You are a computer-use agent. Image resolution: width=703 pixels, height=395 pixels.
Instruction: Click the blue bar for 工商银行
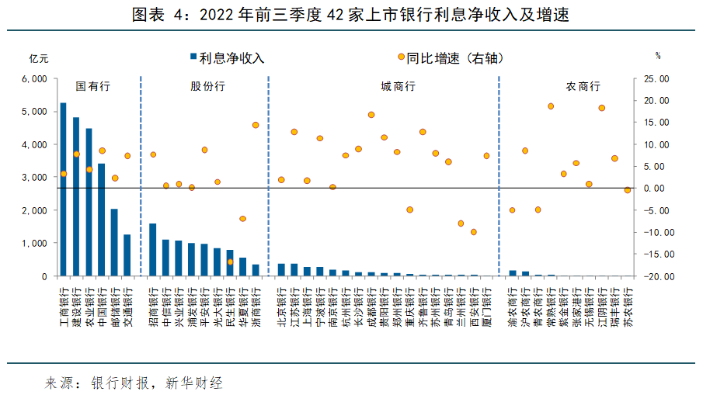coord(63,190)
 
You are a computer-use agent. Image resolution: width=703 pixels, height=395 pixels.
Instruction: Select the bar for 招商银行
coord(153,250)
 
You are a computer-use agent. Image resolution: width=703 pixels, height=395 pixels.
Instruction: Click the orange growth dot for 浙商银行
coord(256,125)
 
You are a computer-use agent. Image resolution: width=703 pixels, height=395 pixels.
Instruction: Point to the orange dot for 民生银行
coord(230,262)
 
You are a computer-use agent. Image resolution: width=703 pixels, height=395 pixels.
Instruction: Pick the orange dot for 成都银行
coord(371,115)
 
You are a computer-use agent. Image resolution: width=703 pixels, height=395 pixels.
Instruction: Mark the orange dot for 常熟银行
coord(551,106)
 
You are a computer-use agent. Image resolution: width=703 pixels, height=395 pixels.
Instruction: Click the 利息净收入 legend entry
coord(227,57)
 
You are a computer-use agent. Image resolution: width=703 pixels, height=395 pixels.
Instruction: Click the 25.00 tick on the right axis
coord(656,79)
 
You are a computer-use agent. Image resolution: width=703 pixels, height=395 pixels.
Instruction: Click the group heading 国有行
coord(92,87)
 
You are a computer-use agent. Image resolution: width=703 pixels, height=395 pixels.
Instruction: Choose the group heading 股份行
coord(207,87)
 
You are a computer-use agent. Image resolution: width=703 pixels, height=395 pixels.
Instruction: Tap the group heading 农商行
coord(583,87)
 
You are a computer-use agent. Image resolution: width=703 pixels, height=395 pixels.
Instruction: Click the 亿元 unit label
coord(39,58)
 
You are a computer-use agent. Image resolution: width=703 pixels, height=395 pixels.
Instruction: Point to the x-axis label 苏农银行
coord(628,307)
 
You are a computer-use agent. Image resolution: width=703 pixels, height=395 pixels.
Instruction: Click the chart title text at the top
coord(351,15)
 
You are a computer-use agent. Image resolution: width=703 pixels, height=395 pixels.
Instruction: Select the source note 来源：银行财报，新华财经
coord(134,383)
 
